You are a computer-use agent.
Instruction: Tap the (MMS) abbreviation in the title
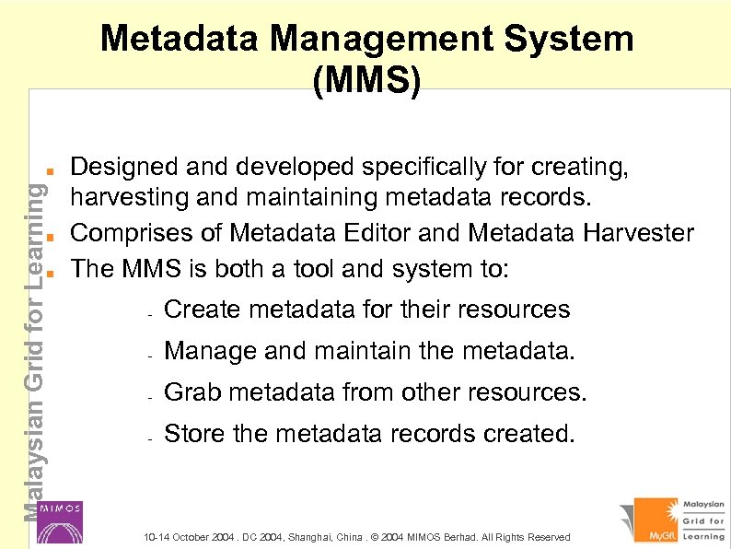[x=367, y=81]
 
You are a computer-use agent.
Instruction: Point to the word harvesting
[x=123, y=200]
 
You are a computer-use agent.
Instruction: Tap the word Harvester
[x=638, y=233]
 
